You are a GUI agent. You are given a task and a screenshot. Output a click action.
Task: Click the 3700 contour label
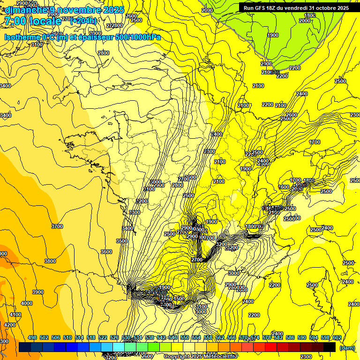(57, 226)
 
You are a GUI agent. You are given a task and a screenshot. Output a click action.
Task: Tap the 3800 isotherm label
(50, 261)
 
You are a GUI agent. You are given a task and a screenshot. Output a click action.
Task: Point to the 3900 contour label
(38, 292)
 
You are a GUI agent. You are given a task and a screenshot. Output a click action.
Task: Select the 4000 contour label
(27, 303)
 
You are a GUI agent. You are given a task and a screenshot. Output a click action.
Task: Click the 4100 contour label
(15, 315)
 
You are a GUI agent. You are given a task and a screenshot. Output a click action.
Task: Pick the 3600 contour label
(106, 252)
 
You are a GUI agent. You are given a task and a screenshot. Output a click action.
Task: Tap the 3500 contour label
(122, 241)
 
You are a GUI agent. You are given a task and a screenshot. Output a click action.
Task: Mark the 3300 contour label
(135, 212)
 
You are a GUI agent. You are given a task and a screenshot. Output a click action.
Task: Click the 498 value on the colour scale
(32, 337)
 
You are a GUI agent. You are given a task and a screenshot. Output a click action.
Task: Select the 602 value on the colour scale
(337, 337)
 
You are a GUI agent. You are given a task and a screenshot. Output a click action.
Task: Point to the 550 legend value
(185, 337)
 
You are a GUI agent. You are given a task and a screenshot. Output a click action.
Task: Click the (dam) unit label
(346, 348)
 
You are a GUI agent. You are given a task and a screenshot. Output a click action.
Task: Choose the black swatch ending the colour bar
(330, 347)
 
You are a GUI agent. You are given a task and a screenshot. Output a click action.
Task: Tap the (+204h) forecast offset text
(83, 21)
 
